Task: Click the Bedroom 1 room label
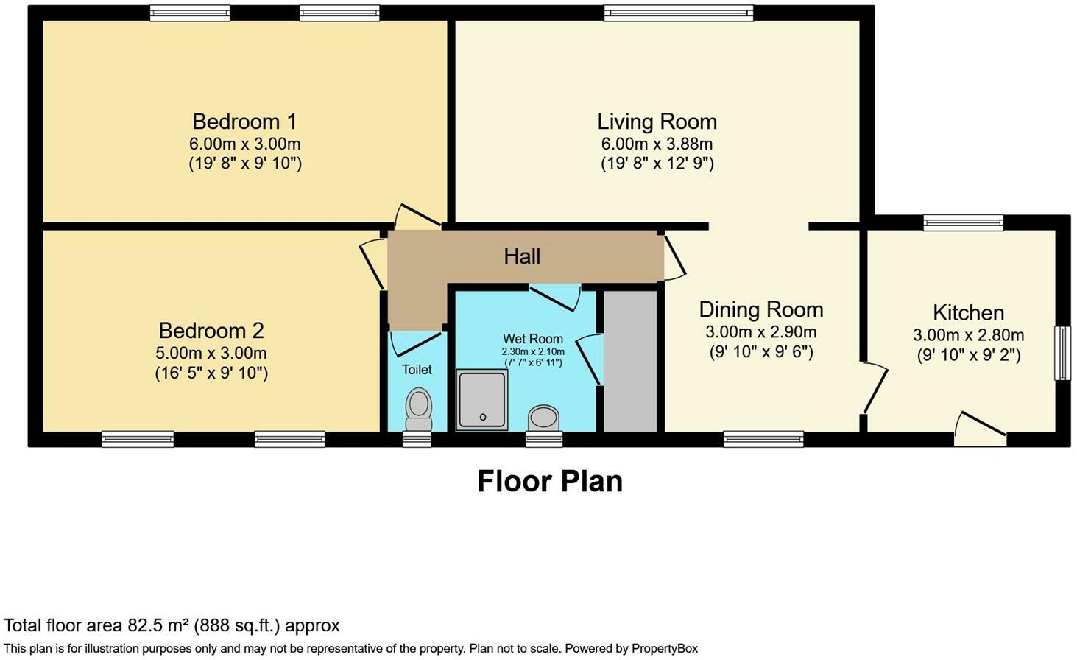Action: coord(244,122)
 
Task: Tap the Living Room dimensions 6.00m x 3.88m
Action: coord(657,144)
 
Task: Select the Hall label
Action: coord(522,256)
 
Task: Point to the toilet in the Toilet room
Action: coord(419,410)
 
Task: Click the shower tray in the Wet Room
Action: coord(481,399)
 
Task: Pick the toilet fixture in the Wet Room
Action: coord(544,418)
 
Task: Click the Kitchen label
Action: coord(968,312)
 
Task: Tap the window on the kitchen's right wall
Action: coord(1062,353)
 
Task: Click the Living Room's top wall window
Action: coord(679,13)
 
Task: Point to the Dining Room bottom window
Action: coord(763,439)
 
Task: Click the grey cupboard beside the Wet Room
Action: coord(630,361)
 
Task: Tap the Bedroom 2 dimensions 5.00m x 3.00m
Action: coord(211,353)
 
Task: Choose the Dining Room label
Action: coord(761,309)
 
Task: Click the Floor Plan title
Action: coord(550,481)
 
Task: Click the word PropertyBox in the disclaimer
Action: coord(665,648)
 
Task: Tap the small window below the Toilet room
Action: coord(417,439)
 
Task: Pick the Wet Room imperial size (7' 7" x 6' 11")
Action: coord(533,362)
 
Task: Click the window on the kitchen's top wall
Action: coord(964,222)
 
